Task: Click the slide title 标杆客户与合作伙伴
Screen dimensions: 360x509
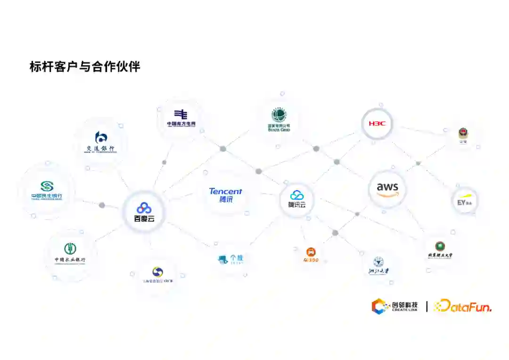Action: tap(85, 66)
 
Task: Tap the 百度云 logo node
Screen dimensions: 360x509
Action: tap(144, 212)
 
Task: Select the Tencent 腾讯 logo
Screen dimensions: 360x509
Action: tap(226, 195)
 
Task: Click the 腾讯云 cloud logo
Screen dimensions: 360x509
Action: tap(297, 198)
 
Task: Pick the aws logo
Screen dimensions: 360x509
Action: tap(387, 188)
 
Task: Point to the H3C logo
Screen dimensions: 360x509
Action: tap(377, 123)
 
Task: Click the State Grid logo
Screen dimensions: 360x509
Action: tap(279, 120)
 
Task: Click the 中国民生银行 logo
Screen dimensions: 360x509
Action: tap(47, 190)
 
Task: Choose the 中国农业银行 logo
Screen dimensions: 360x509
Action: tap(70, 253)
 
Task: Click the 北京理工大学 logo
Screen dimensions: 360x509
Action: tap(440, 249)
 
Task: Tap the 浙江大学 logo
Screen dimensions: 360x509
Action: tap(378, 266)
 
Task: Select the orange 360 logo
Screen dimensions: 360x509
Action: tap(311, 255)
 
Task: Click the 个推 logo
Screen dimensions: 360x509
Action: tap(230, 259)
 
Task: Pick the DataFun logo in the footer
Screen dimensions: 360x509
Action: tap(462, 306)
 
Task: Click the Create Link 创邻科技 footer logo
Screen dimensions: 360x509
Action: tap(394, 307)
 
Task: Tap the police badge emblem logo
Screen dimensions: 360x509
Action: tap(463, 135)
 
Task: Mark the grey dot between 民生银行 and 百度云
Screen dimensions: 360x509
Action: tap(102, 205)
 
